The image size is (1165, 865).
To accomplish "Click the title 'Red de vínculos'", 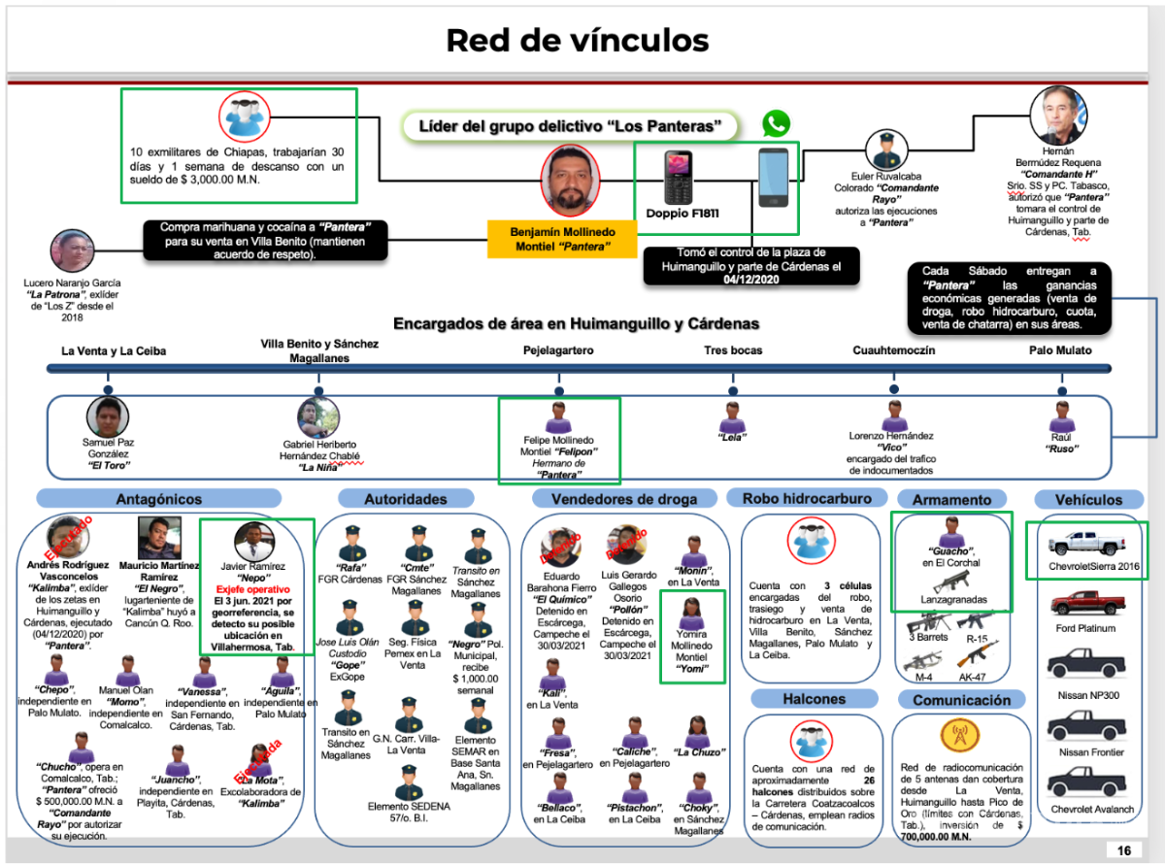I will pyautogui.click(x=577, y=40).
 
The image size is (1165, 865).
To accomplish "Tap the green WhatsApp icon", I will pyautogui.click(x=776, y=123).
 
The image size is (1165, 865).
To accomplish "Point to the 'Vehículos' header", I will pyautogui.click(x=1090, y=499).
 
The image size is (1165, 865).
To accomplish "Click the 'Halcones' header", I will pyautogui.click(x=814, y=699).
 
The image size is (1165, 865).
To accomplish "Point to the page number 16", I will pyautogui.click(x=1124, y=850).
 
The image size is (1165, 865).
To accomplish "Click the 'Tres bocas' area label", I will pyautogui.click(x=733, y=350).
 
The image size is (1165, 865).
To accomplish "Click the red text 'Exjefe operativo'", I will pyautogui.click(x=253, y=589).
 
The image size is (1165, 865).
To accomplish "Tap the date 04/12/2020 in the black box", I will pyautogui.click(x=751, y=279).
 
